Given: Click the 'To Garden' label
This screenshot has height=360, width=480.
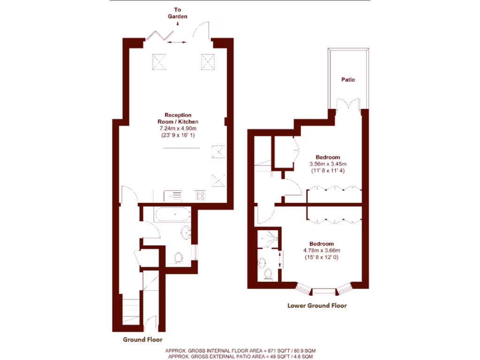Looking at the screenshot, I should coord(178,13).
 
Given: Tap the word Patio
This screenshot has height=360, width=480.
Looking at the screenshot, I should coord(348,80).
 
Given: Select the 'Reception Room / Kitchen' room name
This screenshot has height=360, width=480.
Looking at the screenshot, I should coord(178,118).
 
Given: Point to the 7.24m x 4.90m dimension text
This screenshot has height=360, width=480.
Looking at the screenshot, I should coord(178,128).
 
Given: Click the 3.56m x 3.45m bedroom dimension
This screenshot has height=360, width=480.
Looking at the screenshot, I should coord(328,164).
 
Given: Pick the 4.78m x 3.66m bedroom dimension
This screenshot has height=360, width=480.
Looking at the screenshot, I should coord(322,250).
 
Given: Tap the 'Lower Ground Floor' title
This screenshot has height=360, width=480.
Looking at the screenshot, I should coord(317,306).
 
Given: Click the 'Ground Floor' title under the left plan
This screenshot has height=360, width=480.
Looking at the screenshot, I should coord(142,339).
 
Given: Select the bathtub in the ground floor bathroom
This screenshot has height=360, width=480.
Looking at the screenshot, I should coord(172,215).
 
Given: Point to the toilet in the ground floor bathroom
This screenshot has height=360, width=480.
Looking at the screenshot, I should coord(179,257).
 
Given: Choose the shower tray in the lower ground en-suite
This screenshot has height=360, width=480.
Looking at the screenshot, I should coord(268,239).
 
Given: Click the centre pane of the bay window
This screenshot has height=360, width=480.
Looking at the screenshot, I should coord(324,291).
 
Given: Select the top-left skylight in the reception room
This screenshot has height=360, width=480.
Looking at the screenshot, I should coord(159,61).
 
